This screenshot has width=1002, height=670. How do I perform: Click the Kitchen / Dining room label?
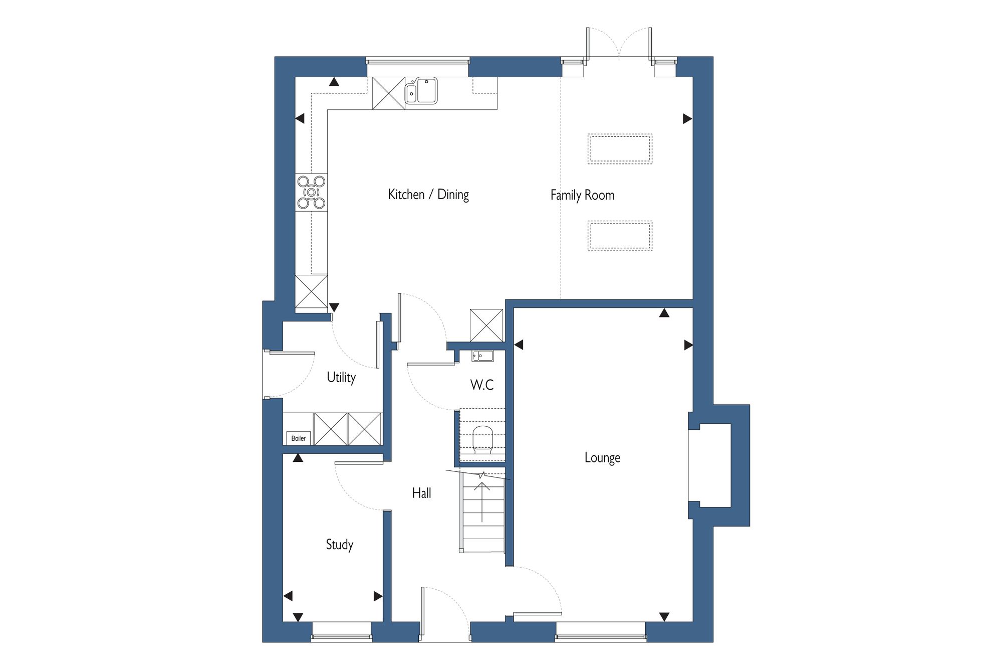point(428,195)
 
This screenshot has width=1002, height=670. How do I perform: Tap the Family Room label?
point(582,195)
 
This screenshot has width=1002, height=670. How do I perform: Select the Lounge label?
point(602,457)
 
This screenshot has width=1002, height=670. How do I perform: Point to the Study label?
point(340,545)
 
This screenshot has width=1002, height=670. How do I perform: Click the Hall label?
point(421,493)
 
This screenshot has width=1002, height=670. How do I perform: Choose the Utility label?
point(341,377)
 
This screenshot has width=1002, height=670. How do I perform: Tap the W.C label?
point(482,385)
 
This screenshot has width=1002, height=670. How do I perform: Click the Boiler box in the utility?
point(299,438)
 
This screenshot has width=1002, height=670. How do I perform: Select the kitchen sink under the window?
point(421,91)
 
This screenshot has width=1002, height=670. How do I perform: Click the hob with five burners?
point(311,192)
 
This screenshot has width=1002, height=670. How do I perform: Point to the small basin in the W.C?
point(482,356)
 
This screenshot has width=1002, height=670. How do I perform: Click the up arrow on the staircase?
point(482,502)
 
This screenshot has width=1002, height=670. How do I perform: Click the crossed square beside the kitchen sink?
point(389,93)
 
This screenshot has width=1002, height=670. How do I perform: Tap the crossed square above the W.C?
point(486,325)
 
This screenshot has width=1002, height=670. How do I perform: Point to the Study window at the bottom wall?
point(342,632)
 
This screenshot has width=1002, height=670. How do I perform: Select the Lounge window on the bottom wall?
point(601,632)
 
